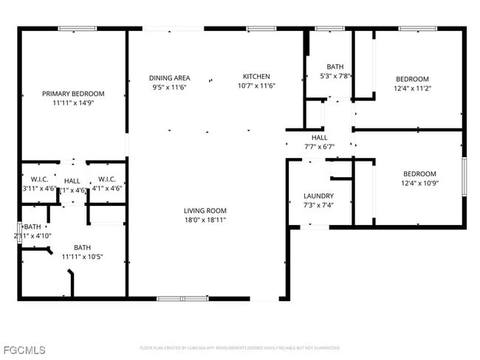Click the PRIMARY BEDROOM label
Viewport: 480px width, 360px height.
pyautogui.click(x=72, y=94)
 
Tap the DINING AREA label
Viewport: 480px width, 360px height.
pyautogui.click(x=170, y=77)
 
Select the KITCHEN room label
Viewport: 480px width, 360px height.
pyautogui.click(x=257, y=76)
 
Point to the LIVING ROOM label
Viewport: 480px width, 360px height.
pyautogui.click(x=205, y=210)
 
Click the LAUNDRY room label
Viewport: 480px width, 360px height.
pyautogui.click(x=318, y=196)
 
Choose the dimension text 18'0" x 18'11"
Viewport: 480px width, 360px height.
pyautogui.click(x=205, y=220)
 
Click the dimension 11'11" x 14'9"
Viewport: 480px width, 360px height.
pyautogui.click(x=72, y=103)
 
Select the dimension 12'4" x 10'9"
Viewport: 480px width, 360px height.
pyautogui.click(x=418, y=183)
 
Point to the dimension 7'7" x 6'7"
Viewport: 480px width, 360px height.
pyautogui.click(x=319, y=146)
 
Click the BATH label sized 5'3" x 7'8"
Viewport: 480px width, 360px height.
pyautogui.click(x=335, y=66)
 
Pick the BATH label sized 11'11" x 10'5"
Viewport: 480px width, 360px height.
pyautogui.click(x=82, y=247)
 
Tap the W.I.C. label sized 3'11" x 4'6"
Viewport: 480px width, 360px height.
pyautogui.click(x=39, y=179)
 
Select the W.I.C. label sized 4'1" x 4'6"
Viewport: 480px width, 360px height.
pyautogui.click(x=107, y=179)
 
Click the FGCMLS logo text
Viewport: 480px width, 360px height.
pyautogui.click(x=24, y=349)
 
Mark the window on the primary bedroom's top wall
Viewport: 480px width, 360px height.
pyautogui.click(x=77, y=29)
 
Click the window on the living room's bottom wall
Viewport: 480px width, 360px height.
pyautogui.click(x=182, y=298)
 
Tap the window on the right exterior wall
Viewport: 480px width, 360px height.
pyautogui.click(x=464, y=176)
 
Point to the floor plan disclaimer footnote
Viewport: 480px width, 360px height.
pyautogui.click(x=240, y=347)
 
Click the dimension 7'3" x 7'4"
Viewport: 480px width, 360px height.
pyautogui.click(x=318, y=205)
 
